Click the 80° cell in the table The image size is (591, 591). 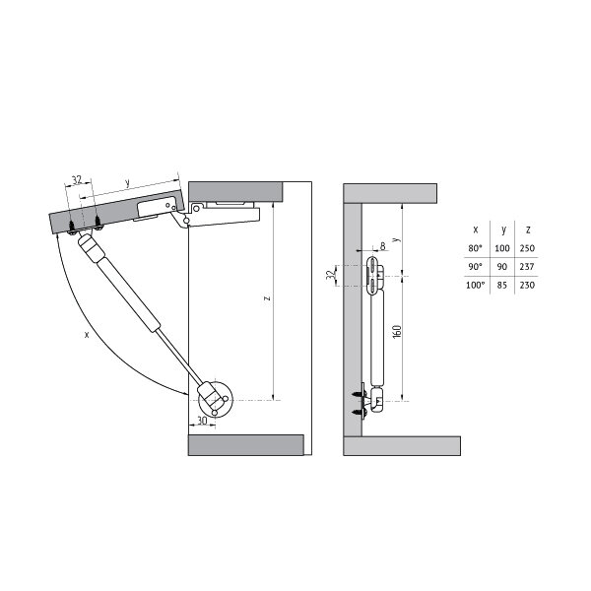point(475,248)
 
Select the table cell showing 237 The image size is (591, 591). point(527,267)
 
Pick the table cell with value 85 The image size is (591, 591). point(501,286)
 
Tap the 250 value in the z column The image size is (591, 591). point(527,248)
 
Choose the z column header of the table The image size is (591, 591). point(528,230)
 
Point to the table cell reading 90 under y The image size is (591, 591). point(501,267)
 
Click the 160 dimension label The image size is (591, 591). point(397,331)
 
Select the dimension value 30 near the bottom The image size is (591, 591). point(202,421)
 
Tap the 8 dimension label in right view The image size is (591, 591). point(383,246)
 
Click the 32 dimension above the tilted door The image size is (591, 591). point(77,180)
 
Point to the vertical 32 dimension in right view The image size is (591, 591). point(330,276)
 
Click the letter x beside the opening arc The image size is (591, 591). point(87,334)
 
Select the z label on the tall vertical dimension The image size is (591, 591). point(267,298)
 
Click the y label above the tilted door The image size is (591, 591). point(127,183)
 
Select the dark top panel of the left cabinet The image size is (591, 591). point(235,192)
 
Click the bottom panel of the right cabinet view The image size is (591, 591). point(402,446)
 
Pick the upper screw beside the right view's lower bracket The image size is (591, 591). point(357,394)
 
